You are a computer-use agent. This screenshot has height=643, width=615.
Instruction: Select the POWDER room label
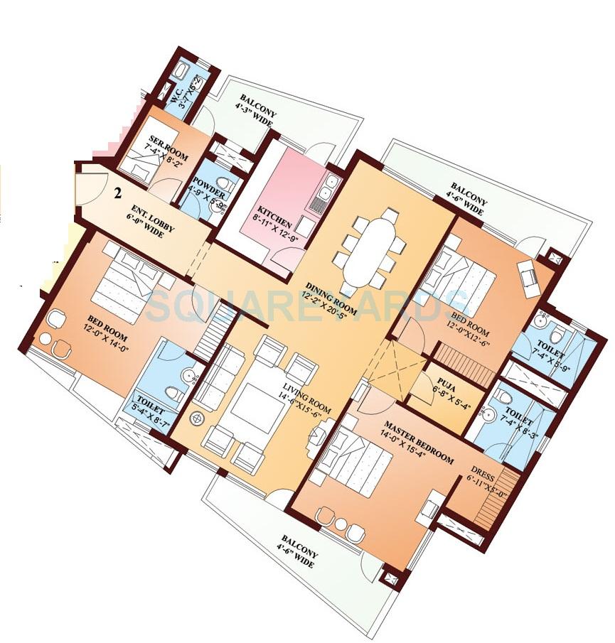209,195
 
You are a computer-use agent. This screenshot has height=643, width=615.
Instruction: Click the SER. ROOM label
164,142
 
